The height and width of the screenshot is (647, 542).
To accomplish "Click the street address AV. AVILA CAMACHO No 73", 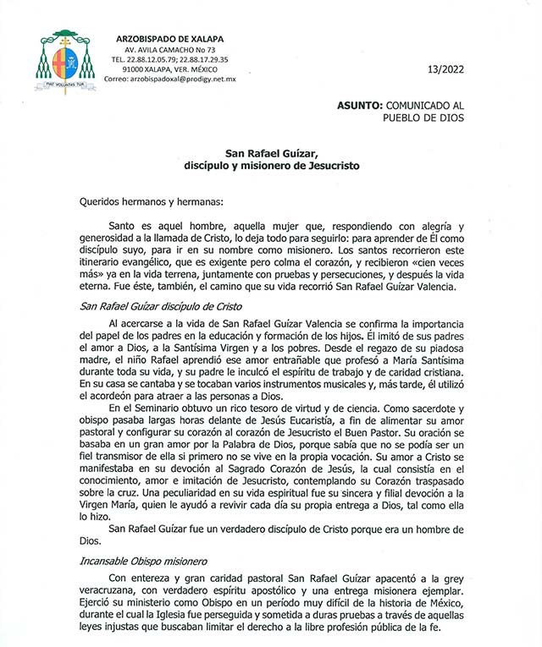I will point(170,51).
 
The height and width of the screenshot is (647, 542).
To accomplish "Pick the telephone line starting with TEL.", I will point(170,60).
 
